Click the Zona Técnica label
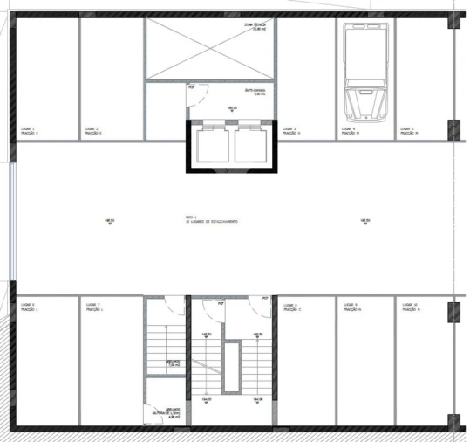pos(255,27)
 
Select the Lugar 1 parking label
pos(31,131)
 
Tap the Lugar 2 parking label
pos(93,131)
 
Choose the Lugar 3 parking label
pos(289,131)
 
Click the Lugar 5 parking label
pos(407,131)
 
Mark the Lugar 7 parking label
pos(93,307)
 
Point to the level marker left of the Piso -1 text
pos(109,222)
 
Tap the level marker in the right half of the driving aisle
pos(364,222)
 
